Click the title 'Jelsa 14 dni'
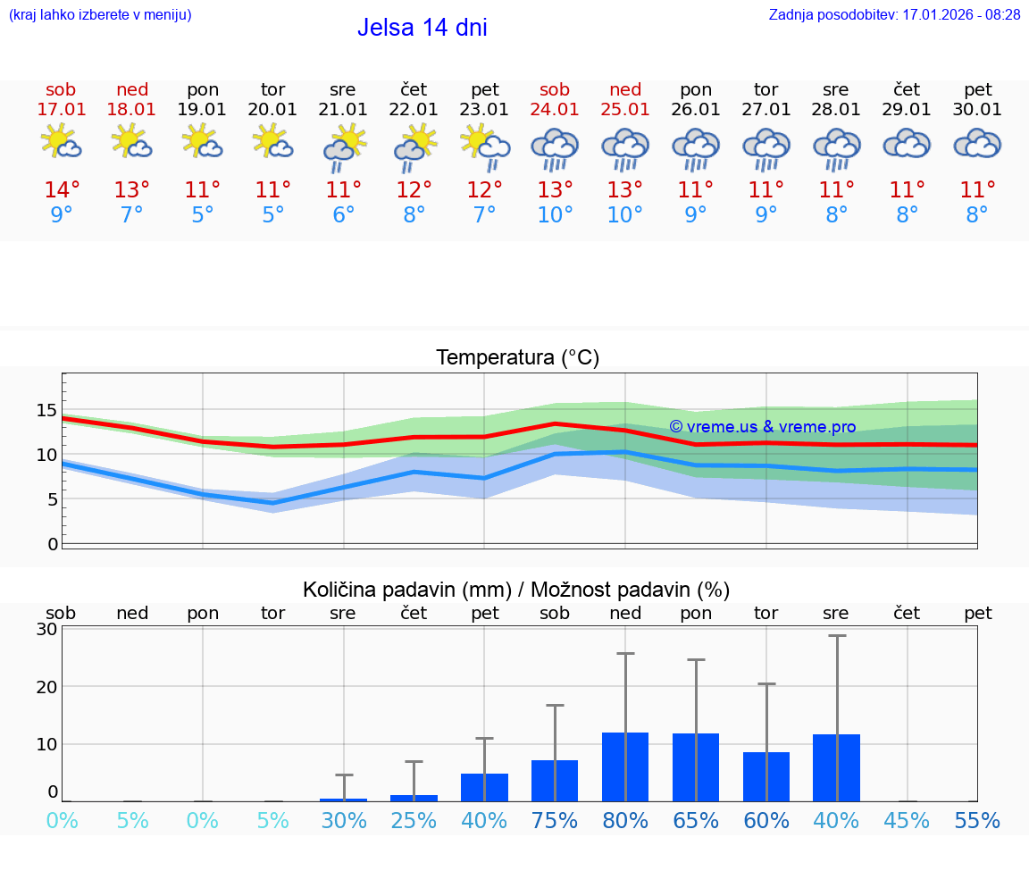coord(422,28)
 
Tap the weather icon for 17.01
coord(62,142)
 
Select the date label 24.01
coord(555,110)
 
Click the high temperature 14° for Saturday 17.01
coord(62,190)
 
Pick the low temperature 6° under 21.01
coord(343,215)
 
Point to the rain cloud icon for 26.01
coord(696,147)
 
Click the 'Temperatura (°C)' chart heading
coord(517,358)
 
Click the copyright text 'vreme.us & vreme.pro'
coord(762,427)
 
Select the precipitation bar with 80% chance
coord(625,766)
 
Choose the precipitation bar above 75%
coord(555,780)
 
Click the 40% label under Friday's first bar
coord(484,821)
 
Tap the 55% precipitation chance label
coord(977,821)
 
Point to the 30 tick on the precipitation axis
coord(47,629)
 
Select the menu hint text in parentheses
coord(100,15)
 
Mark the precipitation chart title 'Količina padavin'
coord(516,590)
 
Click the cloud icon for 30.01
coord(977,144)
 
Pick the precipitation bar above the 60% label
coord(766,776)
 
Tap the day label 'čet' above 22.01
coord(414,90)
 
